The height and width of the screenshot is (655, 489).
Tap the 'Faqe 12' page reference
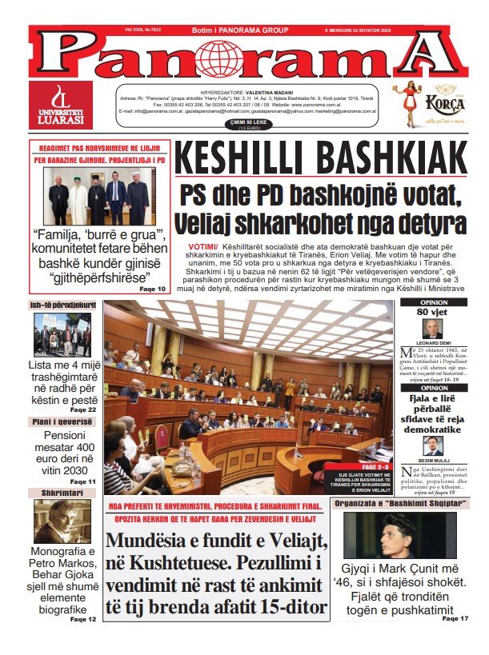83,619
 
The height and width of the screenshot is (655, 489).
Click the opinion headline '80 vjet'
434,312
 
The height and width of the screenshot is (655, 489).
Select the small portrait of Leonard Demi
433,329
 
